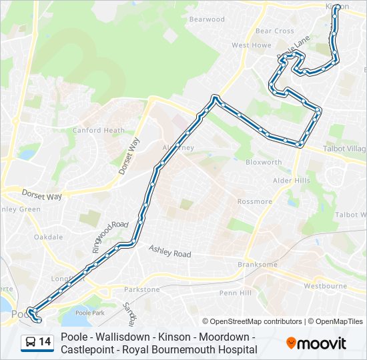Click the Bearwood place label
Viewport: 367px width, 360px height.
coord(207,19)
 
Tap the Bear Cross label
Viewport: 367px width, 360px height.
coord(274,31)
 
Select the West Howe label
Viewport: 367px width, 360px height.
coord(251,45)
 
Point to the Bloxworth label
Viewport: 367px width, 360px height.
coord(264,162)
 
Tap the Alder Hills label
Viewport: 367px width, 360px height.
coord(292,181)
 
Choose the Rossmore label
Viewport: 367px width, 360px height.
coord(255,201)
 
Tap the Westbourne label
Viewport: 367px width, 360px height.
coord(325,286)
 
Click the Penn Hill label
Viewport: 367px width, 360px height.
coord(235,293)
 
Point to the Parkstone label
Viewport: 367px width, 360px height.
coord(142,289)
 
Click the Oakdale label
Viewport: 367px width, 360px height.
coord(48,237)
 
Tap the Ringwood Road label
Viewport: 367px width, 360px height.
coord(110,237)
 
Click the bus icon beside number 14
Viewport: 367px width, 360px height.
coord(31,343)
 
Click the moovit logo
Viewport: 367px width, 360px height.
coord(316,343)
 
